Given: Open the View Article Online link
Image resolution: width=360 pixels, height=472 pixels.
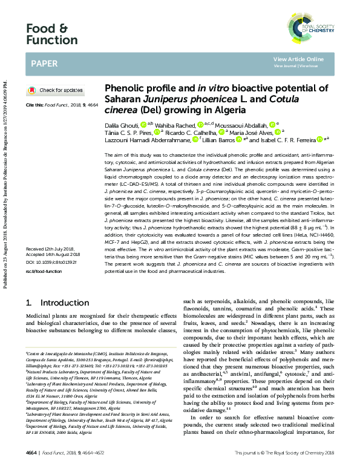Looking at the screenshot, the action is click(x=298, y=59).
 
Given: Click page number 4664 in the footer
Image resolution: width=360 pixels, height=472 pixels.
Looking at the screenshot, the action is click(x=32, y=452).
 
